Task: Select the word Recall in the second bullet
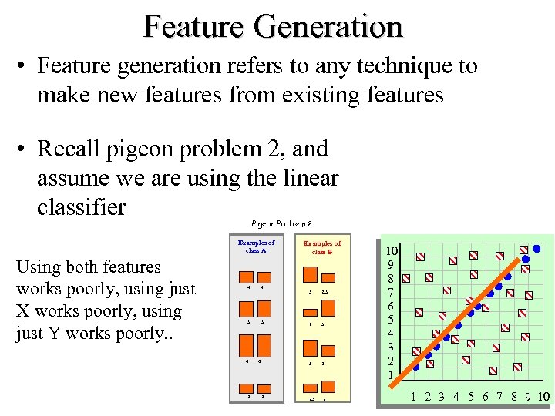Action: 73,148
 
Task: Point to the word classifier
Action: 81,208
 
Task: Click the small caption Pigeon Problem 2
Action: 281,223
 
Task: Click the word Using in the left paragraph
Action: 38,267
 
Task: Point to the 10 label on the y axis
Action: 392,250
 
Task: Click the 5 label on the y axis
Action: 392,319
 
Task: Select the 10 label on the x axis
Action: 543,398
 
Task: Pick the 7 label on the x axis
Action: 499,398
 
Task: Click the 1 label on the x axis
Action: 413,398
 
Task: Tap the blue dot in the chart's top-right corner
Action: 536,249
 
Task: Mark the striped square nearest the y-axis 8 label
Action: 407,278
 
